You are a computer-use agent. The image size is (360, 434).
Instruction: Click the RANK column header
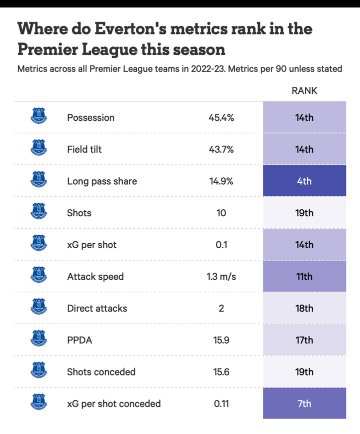pos(304,91)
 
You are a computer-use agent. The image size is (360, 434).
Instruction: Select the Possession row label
pos(90,117)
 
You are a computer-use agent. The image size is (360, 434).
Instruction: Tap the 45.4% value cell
pos(221,117)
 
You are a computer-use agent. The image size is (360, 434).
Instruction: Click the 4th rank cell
pos(304,181)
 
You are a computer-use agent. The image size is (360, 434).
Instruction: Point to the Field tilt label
pos(84,149)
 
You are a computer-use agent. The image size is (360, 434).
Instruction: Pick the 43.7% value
pos(221,149)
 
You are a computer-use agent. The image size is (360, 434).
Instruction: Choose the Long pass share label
pos(101,181)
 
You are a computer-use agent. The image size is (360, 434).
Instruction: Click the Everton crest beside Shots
pos(38,212)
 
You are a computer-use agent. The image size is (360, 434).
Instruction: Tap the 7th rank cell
pos(304,403)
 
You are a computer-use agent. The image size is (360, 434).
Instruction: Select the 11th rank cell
pos(304,276)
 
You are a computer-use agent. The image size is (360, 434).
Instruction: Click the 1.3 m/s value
pos(221,276)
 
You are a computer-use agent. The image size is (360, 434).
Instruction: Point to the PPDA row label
pos(79,340)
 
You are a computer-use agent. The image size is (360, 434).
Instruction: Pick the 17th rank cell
pos(304,340)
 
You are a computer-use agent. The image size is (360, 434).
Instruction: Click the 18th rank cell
pos(304,308)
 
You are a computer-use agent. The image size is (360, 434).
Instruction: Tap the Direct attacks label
pos(97,308)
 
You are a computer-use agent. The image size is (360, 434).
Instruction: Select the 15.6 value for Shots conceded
pos(221,372)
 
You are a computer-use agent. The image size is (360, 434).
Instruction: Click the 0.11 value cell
pos(221,403)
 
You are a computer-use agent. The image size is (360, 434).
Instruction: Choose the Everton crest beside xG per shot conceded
pos(38,403)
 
